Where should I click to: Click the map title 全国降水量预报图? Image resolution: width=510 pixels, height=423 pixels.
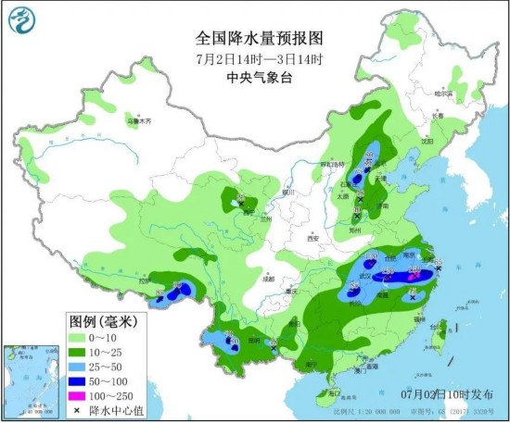tap(259, 38)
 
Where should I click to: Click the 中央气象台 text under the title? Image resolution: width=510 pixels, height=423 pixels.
tap(259, 79)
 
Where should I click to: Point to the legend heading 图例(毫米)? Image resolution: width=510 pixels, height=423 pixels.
tap(103, 321)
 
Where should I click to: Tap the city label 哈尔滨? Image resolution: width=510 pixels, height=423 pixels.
tap(447, 93)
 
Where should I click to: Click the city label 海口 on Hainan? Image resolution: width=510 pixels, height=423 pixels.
tap(321, 394)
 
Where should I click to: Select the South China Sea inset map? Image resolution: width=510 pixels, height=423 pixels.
tap(31, 379)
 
